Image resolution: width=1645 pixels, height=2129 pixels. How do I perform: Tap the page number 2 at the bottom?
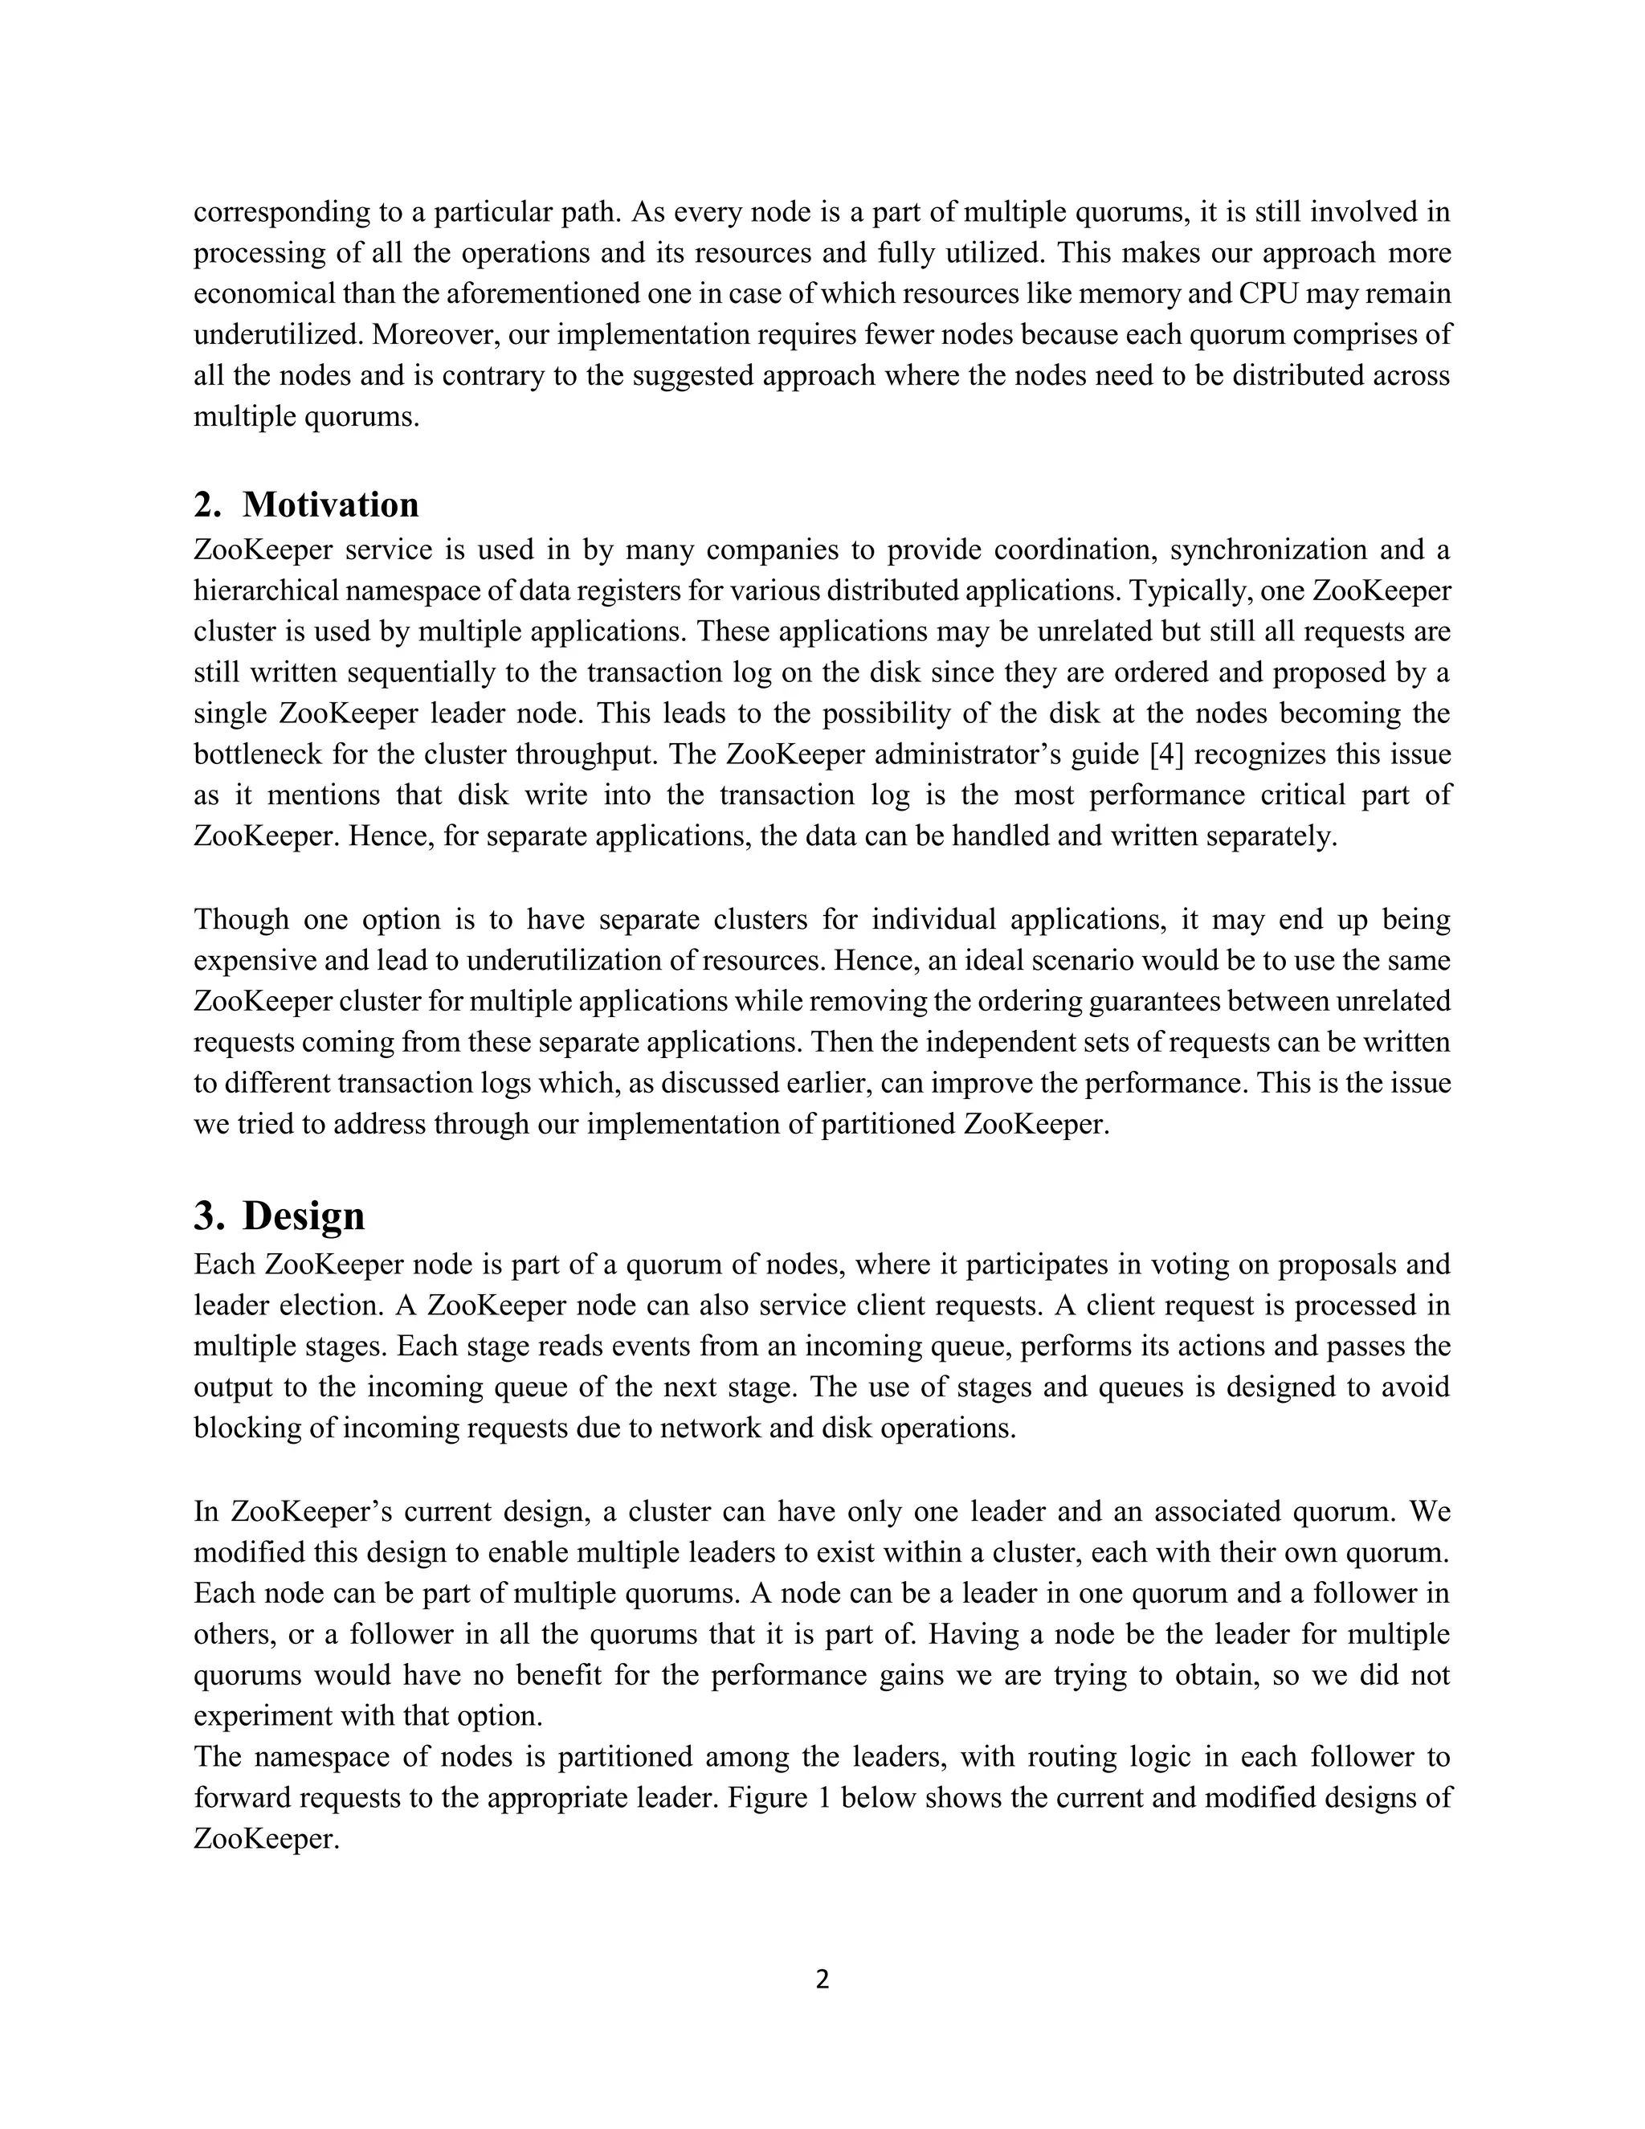822,1979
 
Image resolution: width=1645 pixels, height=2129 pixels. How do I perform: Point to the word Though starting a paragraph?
239,919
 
